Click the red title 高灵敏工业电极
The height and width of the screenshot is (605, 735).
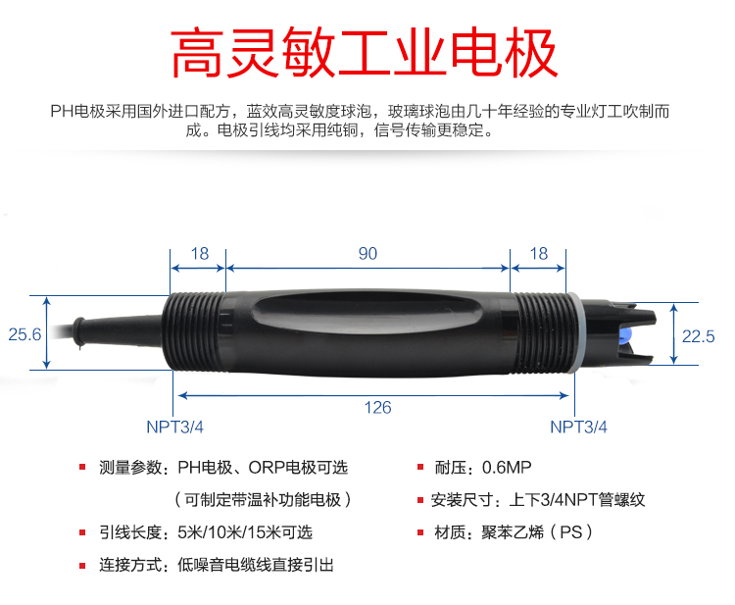click(365, 53)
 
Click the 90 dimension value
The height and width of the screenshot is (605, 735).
click(367, 254)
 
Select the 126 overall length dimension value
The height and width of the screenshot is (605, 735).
click(378, 408)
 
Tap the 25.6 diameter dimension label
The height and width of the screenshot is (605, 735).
click(24, 334)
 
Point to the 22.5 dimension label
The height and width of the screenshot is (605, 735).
click(698, 336)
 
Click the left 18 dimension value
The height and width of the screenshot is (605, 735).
click(200, 254)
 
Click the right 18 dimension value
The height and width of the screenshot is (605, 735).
click(539, 254)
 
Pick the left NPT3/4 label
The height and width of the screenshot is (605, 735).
click(174, 427)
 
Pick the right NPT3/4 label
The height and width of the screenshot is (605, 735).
click(578, 427)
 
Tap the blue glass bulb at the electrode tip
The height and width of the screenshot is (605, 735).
click(625, 336)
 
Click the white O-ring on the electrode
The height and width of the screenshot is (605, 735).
click(573, 333)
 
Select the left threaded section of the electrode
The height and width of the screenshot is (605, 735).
click(195, 332)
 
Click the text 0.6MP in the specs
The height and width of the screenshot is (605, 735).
click(507, 467)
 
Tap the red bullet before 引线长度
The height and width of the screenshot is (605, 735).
click(82, 532)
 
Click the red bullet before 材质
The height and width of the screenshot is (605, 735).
click(420, 532)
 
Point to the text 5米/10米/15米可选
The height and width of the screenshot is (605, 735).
click(245, 532)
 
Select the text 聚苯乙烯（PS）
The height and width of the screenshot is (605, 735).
click(537, 532)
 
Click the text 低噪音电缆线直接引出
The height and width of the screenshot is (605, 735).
click(256, 565)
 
